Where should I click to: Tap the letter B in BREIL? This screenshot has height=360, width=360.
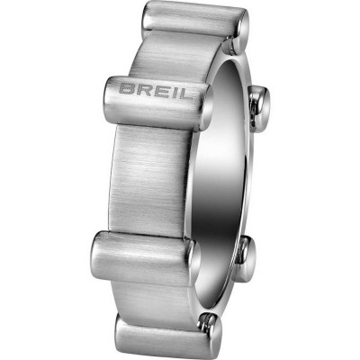(x=127, y=90)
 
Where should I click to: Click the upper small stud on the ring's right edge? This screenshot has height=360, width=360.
(x=260, y=106)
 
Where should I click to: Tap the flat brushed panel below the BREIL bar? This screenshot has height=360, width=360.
(x=153, y=171)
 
